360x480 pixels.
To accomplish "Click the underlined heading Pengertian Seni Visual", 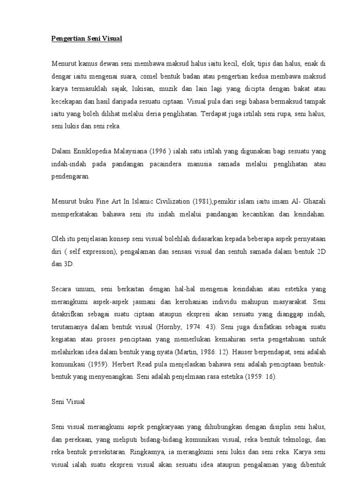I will (87, 39).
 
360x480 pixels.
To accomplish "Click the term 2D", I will (321, 252).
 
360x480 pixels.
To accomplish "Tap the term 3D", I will (68, 264).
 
